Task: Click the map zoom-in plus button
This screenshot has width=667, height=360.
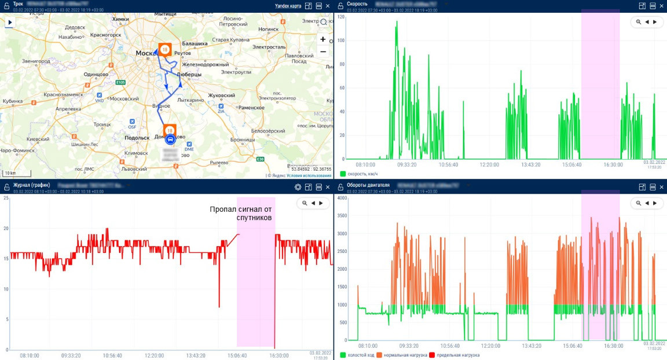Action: pos(323,39)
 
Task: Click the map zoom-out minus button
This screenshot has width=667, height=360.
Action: pos(323,52)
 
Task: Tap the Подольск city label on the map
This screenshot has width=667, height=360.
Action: pos(137,138)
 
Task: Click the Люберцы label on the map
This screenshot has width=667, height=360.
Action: pos(189,75)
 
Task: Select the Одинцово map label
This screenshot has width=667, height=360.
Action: pos(96,74)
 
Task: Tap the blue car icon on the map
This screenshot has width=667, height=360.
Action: pos(170,139)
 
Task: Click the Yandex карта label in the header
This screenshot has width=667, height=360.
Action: pos(288,6)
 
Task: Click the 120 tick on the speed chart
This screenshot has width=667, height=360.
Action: pos(340,17)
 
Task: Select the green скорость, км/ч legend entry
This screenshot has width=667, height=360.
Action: pos(359,174)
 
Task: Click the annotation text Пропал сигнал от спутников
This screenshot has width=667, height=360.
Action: pos(241,213)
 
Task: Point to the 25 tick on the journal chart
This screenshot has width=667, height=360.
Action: pos(6,199)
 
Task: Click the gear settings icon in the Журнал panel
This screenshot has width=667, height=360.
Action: pos(298,187)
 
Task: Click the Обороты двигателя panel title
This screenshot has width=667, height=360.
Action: pos(368,185)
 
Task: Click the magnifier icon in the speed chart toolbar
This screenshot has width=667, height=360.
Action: pos(638,22)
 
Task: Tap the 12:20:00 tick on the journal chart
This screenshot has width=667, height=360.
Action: pos(154,355)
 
